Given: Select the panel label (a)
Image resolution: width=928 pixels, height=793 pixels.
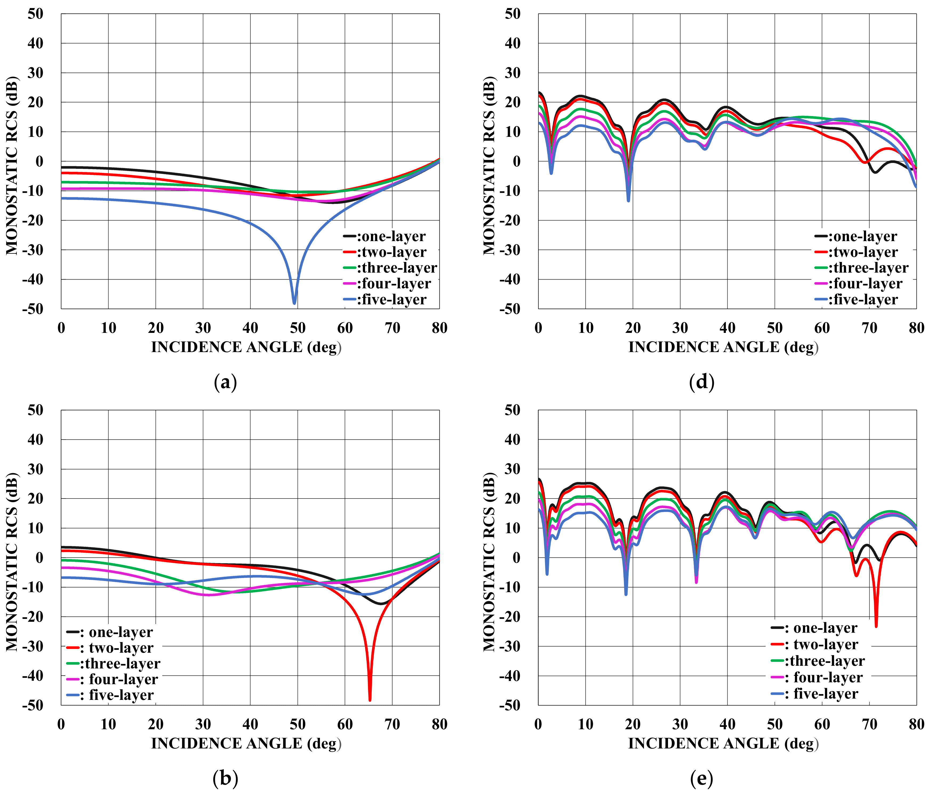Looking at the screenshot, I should pyautogui.click(x=225, y=382).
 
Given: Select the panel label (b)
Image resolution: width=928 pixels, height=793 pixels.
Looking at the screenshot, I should pyautogui.click(x=225, y=779).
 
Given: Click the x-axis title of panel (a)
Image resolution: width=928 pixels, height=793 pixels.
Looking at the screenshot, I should pyautogui.click(x=246, y=347).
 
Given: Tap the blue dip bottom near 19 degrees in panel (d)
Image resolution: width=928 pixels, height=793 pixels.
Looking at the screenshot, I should pyautogui.click(x=628, y=200).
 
